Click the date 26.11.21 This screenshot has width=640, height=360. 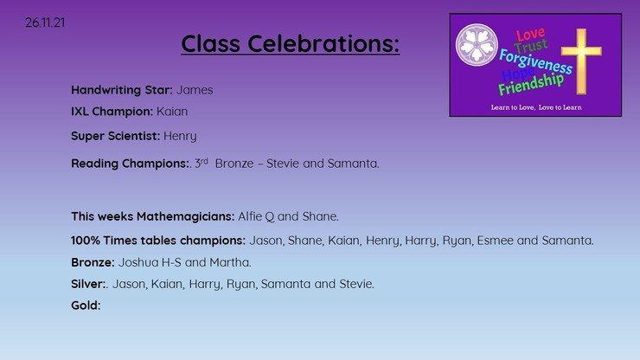click(x=45, y=22)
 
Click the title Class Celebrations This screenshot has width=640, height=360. click(x=291, y=43)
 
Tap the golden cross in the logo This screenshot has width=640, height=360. click(x=581, y=61)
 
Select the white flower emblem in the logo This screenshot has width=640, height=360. click(x=477, y=44)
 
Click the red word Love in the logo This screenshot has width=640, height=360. click(x=530, y=35)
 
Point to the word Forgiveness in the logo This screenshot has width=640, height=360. click(x=535, y=61)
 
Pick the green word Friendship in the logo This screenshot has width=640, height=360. click(x=531, y=85)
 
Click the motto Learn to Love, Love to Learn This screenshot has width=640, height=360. click(x=536, y=107)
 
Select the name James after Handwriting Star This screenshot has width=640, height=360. click(x=195, y=90)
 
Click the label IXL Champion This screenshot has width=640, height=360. click(x=112, y=111)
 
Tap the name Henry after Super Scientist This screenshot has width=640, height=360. click(x=180, y=136)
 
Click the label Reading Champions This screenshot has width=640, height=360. click(x=131, y=164)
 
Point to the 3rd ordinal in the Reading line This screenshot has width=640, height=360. click(x=202, y=163)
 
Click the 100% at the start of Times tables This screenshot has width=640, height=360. click(x=86, y=241)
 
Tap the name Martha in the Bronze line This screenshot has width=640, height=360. click(x=230, y=262)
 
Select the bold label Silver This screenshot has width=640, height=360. click(x=88, y=284)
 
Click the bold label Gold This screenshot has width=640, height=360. click(x=86, y=305)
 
